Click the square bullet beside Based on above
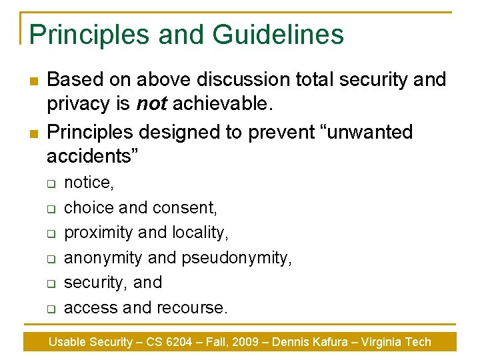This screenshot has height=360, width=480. pos(32,81)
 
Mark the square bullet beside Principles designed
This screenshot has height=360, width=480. pos(32,133)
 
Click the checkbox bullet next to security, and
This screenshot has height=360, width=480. pos(50,283)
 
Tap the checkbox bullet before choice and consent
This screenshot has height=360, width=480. pos(50,209)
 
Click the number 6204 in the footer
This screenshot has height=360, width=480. pos(179,342)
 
